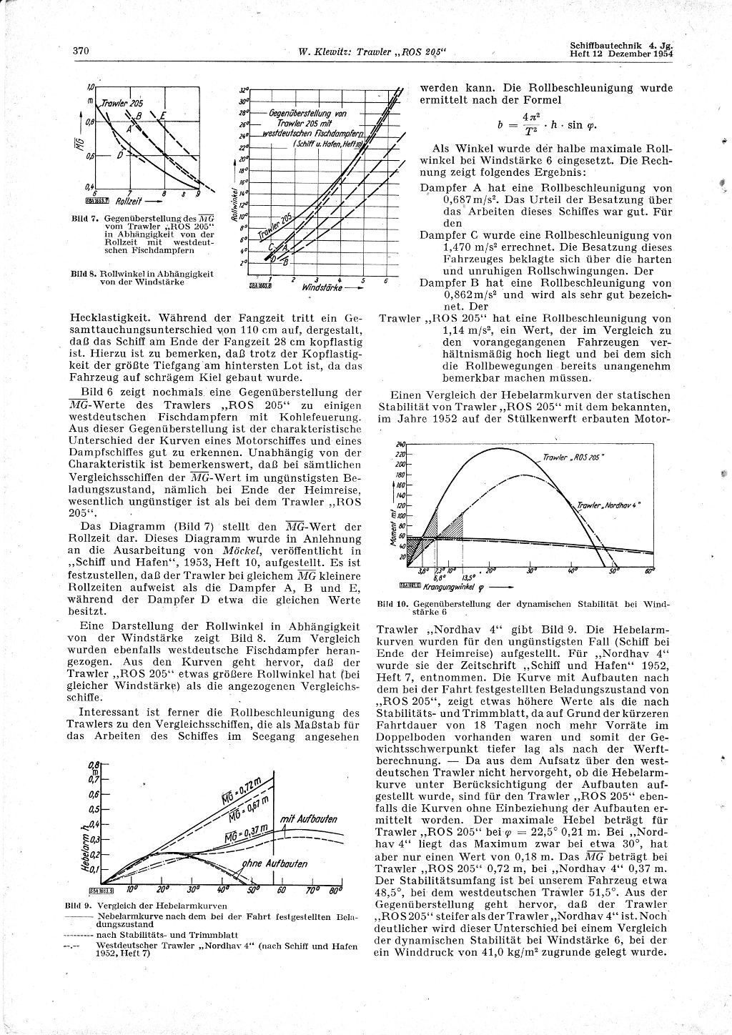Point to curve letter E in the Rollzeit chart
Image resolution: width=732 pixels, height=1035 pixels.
[163, 116]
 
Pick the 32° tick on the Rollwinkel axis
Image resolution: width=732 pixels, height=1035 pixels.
[244, 90]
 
